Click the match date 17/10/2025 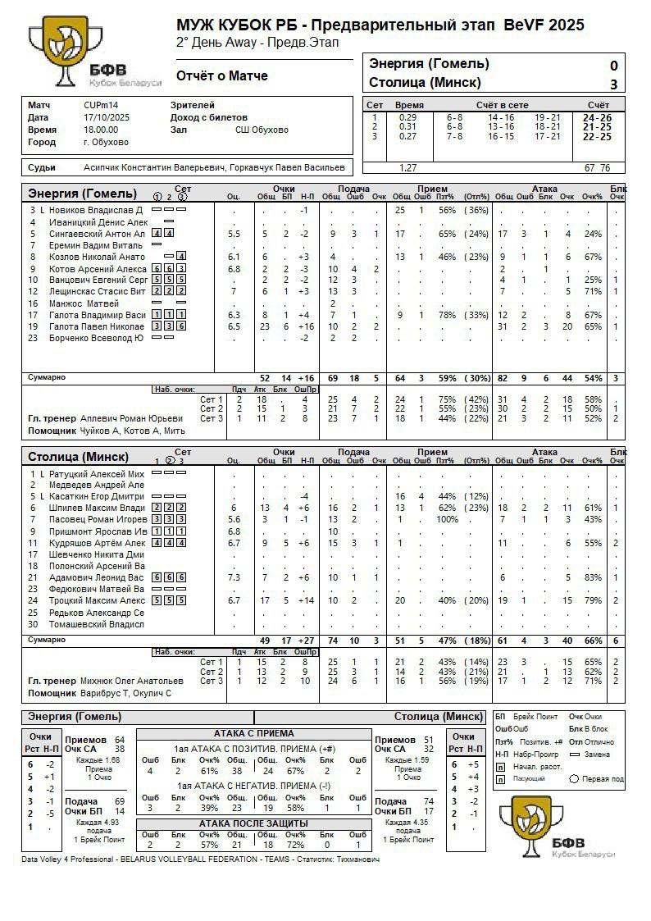107,117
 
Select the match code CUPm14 101,105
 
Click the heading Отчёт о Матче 221,76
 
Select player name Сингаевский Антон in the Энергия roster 97,234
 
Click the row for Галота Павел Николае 97,326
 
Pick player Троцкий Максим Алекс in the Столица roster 97,601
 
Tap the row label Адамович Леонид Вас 97,578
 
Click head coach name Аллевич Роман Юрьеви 132,418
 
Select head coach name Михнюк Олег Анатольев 132,681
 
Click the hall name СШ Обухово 262,130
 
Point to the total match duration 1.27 407,168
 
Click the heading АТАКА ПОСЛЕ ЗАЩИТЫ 253,823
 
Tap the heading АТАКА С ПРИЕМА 253,733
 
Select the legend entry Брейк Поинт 537,717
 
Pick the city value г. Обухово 106,142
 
